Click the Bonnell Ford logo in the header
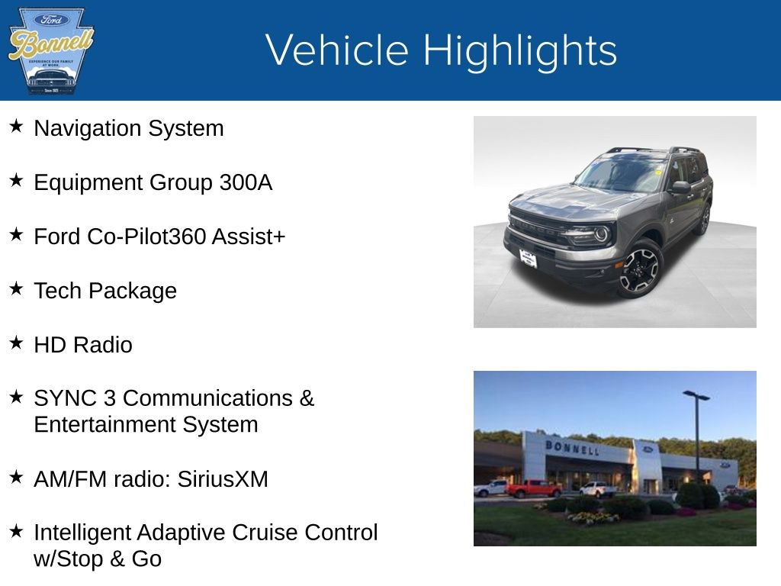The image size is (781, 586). pos(50,50)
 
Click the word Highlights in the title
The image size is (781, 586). pos(519,50)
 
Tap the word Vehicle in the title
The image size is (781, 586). pos(338,50)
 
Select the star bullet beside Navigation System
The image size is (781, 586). pos(16,127)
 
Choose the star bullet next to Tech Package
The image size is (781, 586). pos(16,289)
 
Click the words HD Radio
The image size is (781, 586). pos(83,345)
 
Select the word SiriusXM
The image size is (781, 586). pos(223,479)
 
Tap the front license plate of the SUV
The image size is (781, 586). pos(528,259)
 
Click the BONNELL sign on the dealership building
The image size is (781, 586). pos(571,447)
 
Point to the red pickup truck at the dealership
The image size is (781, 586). pos(533,488)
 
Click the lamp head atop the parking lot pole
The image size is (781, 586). pos(696,395)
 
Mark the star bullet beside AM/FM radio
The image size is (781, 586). pos(16,478)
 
